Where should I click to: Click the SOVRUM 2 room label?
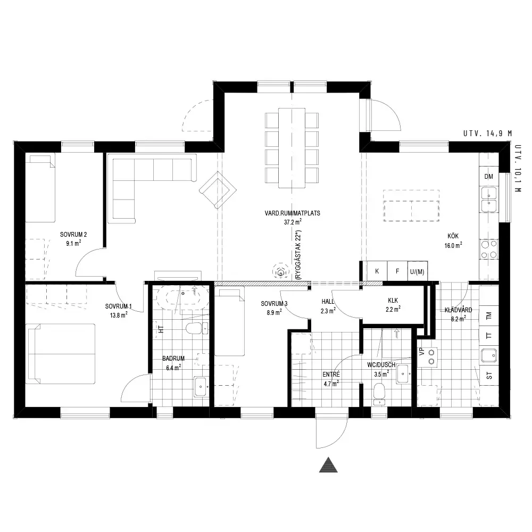coord(73,235)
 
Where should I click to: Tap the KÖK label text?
coord(453,236)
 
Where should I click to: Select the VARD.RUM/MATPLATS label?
coord(293,213)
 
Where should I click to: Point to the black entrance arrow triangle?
coord(328,465)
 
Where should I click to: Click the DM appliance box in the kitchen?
coord(489,177)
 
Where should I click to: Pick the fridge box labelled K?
coord(377,271)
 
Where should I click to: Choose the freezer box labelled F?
coord(397,271)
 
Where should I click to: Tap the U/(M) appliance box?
coord(417,271)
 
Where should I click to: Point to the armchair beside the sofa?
coord(218,190)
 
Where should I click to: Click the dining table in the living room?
coord(292,148)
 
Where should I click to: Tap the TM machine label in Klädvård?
coord(489,316)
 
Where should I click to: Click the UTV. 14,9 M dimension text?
coord(487,134)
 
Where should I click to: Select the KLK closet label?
coord(393,301)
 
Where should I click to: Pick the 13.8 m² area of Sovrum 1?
coord(119,315)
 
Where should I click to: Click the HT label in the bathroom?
coord(161,329)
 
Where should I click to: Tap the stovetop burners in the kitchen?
coord(489,250)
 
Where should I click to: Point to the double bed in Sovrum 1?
coord(61,354)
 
